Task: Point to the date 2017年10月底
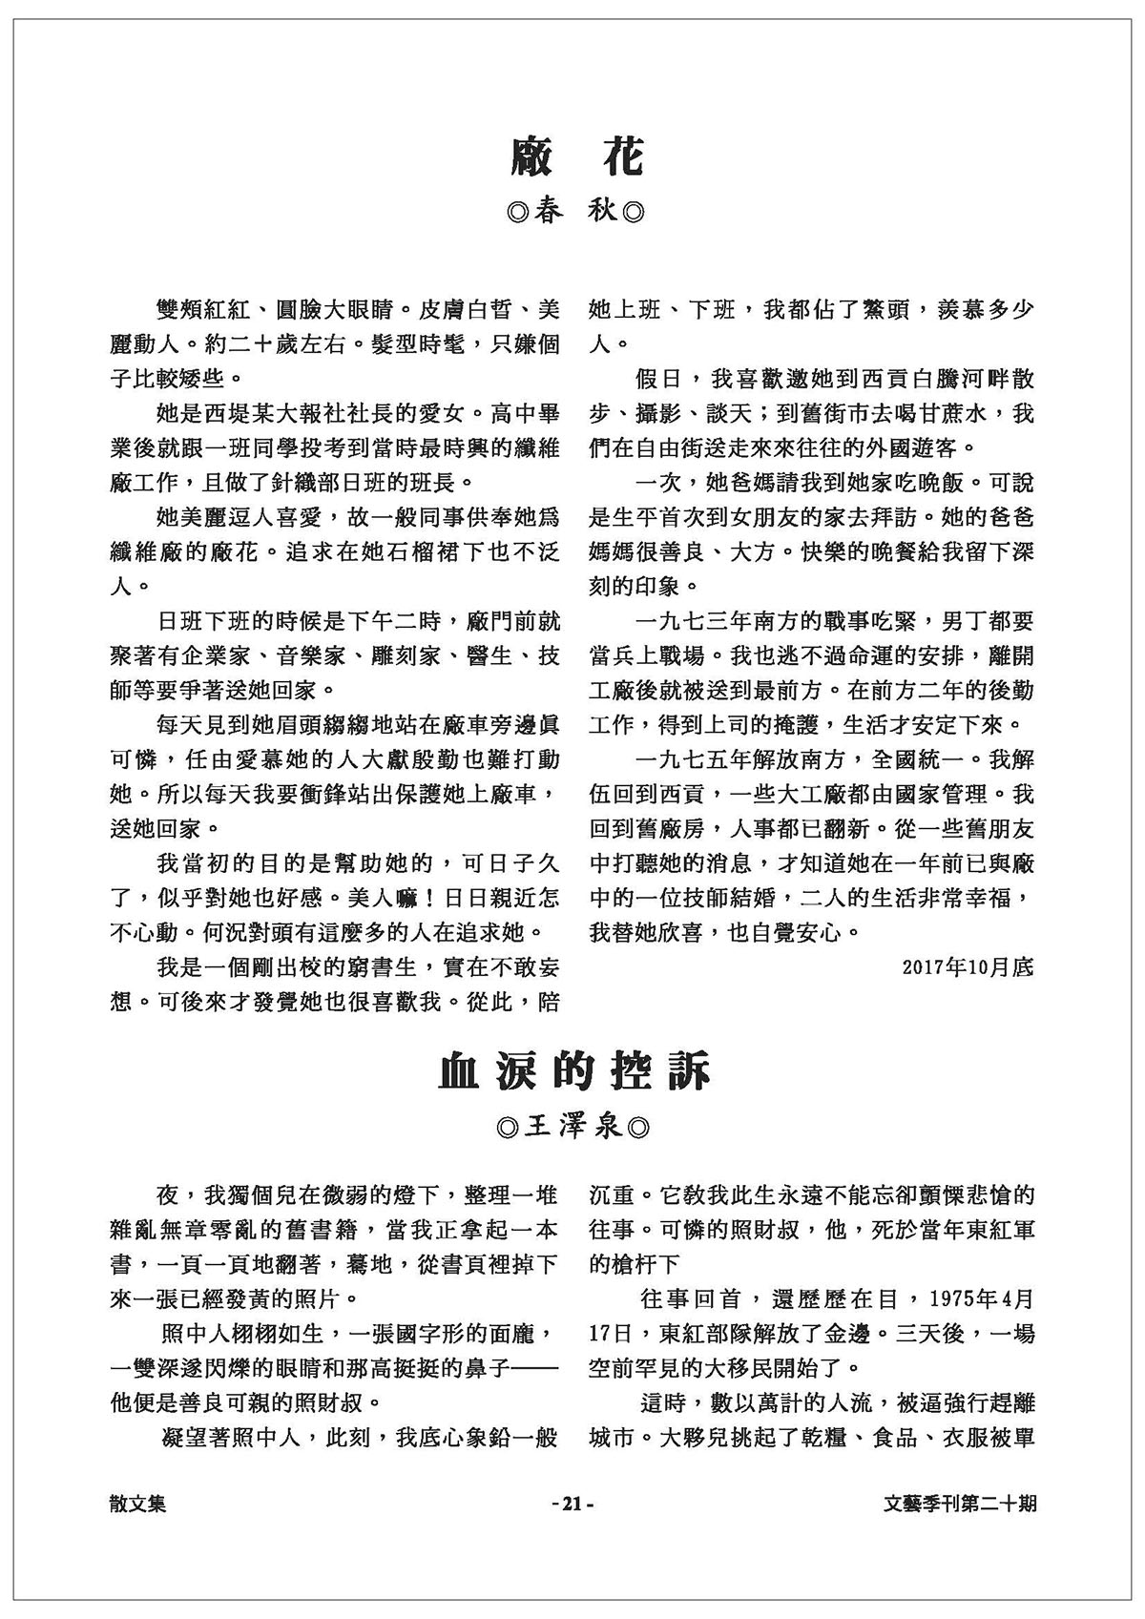coord(967,966)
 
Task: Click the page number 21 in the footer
coord(572,1504)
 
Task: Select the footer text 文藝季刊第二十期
coord(960,1504)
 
